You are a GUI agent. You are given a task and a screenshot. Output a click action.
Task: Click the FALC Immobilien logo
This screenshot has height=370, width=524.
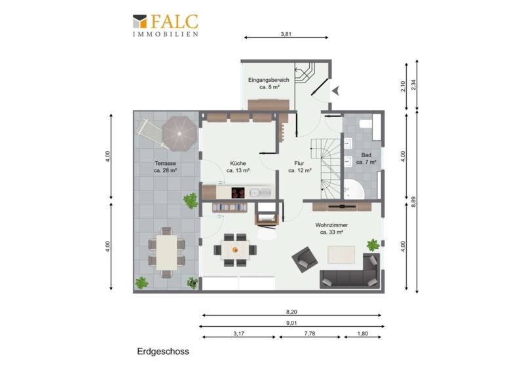pyautogui.click(x=166, y=25)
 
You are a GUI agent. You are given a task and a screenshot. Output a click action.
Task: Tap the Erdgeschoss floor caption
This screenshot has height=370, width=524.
pyautogui.click(x=163, y=351)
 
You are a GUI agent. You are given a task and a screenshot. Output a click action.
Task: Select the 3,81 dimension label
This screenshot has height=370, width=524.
pyautogui.click(x=286, y=34)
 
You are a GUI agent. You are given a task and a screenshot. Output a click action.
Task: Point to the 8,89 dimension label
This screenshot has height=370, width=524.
pyautogui.click(x=413, y=202)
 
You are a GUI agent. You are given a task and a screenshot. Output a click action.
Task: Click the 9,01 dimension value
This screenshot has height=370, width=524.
pyautogui.click(x=291, y=323)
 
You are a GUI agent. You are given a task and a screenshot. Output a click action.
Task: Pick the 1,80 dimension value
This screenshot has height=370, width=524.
pyautogui.click(x=363, y=333)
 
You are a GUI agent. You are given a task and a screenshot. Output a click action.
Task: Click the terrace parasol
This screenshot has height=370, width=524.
pyautogui.click(x=179, y=134)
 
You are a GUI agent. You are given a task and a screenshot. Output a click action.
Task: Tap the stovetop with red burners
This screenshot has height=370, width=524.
pyautogui.click(x=238, y=193)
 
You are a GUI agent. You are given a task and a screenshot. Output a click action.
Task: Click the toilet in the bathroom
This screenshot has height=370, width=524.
pyautogui.click(x=365, y=124)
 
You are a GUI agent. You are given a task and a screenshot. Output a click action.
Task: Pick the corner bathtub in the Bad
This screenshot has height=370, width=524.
pyautogui.click(x=354, y=189)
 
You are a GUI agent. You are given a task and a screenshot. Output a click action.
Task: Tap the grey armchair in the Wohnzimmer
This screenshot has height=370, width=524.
pyautogui.click(x=305, y=259)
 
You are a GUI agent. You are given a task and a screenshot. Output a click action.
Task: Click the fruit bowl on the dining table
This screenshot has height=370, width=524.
pyautogui.click(x=235, y=250)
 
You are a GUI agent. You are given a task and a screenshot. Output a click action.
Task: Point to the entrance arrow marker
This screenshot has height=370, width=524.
pyautogui.click(x=335, y=90)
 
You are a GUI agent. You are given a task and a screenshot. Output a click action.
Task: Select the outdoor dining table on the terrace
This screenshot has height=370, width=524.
pyautogui.click(x=166, y=252)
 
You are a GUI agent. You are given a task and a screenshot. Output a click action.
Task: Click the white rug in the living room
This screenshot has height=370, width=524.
pyautogui.click(x=341, y=254)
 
